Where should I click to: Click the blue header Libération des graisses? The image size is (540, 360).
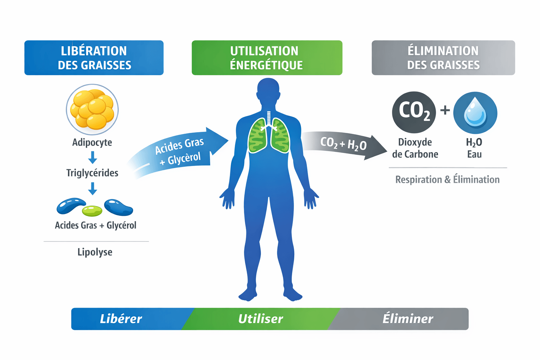click(x=94, y=58)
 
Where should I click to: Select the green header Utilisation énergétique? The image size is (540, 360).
click(x=267, y=58)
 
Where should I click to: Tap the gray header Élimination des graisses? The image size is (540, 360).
click(x=443, y=58)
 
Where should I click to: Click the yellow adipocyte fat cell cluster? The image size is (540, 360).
click(x=92, y=109)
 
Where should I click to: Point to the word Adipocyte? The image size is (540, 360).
click(x=92, y=142)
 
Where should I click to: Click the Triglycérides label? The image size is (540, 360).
click(x=92, y=173)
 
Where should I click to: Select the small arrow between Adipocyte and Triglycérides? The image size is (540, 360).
click(x=92, y=157)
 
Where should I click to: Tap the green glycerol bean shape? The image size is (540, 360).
click(x=92, y=211)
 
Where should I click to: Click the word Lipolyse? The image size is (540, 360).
click(x=95, y=252)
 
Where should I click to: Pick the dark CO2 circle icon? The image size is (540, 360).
click(x=414, y=112)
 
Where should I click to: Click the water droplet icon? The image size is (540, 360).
click(x=475, y=112)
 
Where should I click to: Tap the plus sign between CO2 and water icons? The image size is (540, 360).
click(x=445, y=110)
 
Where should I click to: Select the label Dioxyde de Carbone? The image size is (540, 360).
click(x=415, y=148)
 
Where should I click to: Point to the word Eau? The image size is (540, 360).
click(x=474, y=154)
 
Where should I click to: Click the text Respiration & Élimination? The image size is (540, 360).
click(x=448, y=180)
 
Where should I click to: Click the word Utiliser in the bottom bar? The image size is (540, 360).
click(x=261, y=319)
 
